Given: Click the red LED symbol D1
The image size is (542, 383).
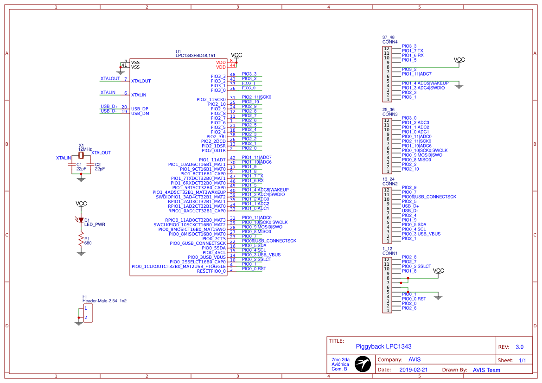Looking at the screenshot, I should point(81,221).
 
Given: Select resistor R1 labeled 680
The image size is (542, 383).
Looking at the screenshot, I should point(81,240).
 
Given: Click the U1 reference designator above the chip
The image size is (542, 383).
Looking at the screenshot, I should point(179,51).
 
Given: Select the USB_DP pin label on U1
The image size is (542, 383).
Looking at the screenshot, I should point(140,109).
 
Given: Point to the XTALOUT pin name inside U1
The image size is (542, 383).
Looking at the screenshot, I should point(141,81).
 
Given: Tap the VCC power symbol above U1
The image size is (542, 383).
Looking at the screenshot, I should point(236,55).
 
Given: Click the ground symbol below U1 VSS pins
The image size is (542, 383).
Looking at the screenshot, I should point(121,72).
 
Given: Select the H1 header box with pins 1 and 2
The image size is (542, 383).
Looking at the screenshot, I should point(87,313).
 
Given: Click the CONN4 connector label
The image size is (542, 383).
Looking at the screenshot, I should point(389,42).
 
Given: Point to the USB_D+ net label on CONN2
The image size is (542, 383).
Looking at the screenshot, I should point(410,206).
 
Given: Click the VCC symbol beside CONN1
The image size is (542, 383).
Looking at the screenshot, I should point(438,271).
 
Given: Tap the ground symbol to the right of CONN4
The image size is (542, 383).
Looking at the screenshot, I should point(459,86).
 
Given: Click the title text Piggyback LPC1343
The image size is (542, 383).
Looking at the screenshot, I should point(383,346).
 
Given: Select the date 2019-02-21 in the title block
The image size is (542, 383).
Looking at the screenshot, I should point(413,370).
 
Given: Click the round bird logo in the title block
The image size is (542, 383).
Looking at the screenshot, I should point(363,364).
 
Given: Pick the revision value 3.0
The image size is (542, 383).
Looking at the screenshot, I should point(519,347).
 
